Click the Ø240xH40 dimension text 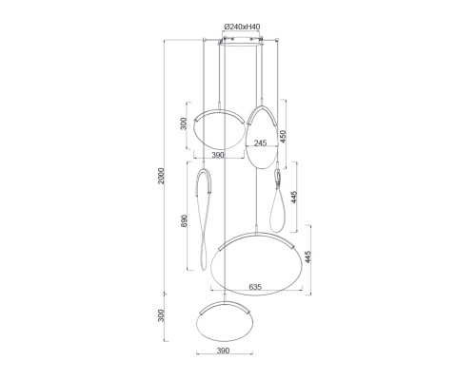(242, 27)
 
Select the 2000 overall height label (162, 176)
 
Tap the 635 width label (255, 287)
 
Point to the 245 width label (260, 143)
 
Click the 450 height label (283, 136)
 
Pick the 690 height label (184, 221)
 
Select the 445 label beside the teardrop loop (294, 198)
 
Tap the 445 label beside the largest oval (307, 256)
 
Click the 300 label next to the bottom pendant (162, 315)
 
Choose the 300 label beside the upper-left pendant (184, 123)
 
